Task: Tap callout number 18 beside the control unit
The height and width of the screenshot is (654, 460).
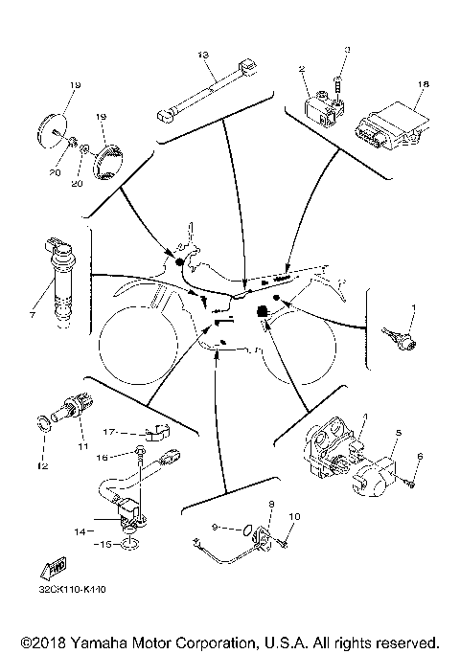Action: tap(423, 84)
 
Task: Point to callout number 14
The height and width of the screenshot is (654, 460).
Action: tap(80, 529)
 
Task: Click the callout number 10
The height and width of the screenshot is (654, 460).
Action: tap(294, 517)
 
